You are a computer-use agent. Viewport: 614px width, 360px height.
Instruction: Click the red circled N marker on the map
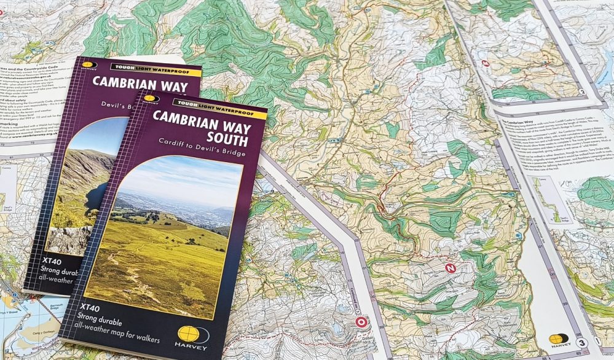click(x=451, y=268)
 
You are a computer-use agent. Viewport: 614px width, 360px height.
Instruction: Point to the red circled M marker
click(x=486, y=63)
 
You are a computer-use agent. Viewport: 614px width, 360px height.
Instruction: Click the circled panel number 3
click(x=581, y=342)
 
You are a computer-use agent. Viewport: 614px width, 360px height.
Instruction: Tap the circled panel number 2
click(x=580, y=93)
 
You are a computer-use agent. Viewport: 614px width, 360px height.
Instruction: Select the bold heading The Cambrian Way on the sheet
click(x=519, y=123)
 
